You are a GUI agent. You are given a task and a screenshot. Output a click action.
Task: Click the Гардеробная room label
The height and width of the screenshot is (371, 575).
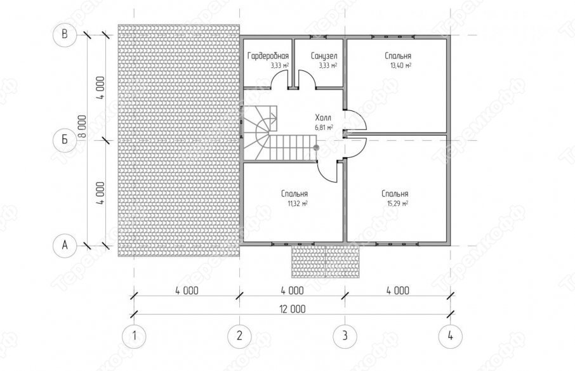(268, 56)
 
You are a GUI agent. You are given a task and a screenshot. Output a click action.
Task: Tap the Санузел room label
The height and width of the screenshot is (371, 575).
(324, 56)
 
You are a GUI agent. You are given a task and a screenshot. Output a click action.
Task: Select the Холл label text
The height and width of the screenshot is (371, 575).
(323, 118)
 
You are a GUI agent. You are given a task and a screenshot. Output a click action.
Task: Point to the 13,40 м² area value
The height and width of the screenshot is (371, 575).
(400, 65)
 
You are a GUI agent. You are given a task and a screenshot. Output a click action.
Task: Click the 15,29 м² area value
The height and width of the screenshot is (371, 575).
(398, 204)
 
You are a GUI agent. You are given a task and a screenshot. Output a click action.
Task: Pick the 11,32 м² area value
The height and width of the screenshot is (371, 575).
(298, 204)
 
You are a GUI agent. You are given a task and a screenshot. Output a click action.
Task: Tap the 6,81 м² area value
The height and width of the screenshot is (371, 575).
(324, 127)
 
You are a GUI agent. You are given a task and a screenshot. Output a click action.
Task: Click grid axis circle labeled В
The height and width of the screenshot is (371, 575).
(65, 35)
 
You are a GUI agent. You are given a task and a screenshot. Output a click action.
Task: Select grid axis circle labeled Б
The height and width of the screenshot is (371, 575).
(65, 140)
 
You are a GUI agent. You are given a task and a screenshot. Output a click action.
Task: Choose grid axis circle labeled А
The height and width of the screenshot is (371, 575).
(65, 245)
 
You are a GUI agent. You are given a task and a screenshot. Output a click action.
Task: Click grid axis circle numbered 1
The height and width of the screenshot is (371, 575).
(134, 336)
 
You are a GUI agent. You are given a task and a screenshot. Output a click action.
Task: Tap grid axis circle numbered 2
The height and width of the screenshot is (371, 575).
(239, 336)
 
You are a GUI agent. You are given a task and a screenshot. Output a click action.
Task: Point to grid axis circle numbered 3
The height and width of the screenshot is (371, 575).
(345, 336)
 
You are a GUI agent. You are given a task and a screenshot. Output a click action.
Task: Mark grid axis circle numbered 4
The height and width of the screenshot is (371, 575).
(451, 336)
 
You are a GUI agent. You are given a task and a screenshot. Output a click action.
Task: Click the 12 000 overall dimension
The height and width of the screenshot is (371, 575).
(293, 309)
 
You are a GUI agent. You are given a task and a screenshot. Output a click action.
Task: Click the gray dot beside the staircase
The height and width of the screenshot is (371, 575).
(316, 148)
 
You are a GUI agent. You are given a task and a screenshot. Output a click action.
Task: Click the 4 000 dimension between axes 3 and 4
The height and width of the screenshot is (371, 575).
(398, 290)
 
